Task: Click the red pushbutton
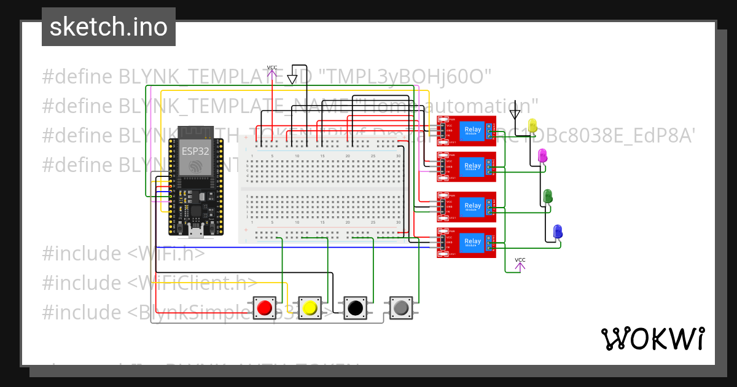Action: [265, 307]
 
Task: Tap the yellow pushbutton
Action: [310, 307]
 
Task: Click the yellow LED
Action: [532, 125]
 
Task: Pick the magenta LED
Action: [542, 155]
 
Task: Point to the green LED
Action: [548, 197]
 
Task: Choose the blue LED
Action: [558, 232]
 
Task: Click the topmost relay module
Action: [467, 130]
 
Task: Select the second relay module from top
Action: [467, 166]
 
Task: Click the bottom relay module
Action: [467, 243]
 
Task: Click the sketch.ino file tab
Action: [109, 27]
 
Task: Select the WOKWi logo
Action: [652, 338]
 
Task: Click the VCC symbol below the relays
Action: [520, 263]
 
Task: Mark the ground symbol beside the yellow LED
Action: [515, 114]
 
